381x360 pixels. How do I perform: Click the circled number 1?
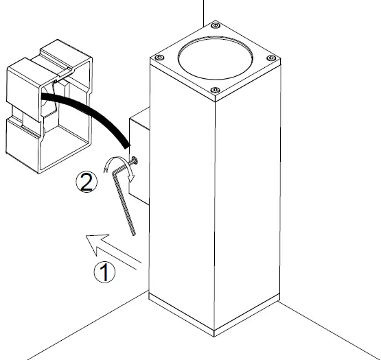(104, 272)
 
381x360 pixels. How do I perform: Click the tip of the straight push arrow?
(82, 239)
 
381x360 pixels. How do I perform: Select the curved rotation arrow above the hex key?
(117, 167)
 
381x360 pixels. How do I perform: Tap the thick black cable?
(89, 113)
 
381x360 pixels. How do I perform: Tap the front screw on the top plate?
(215, 91)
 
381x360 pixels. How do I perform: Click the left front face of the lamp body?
(182, 206)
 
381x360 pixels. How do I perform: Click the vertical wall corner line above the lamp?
(203, 10)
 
